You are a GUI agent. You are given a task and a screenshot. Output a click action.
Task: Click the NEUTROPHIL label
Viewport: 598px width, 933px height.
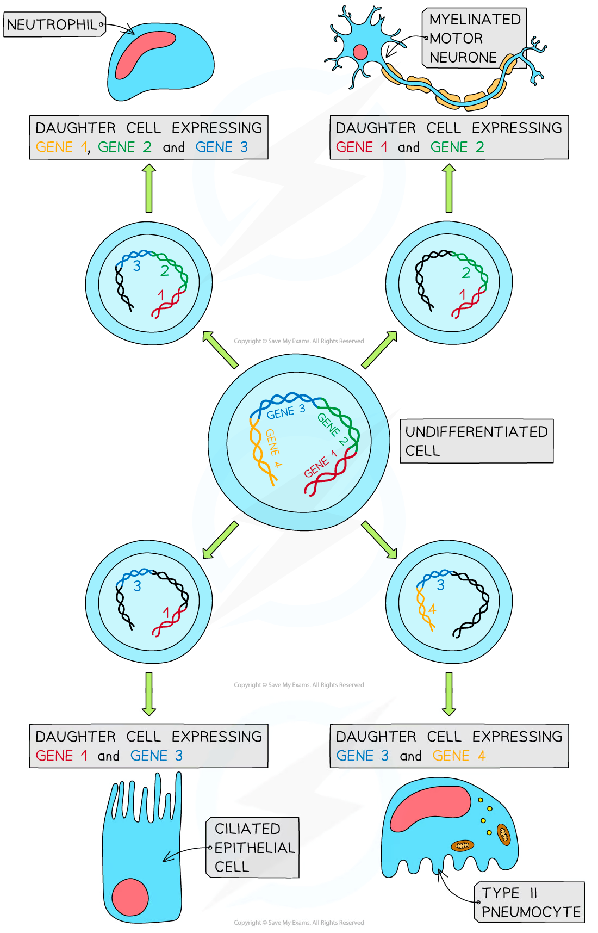53,24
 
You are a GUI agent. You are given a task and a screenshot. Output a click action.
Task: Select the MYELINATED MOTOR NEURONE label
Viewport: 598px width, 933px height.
474,38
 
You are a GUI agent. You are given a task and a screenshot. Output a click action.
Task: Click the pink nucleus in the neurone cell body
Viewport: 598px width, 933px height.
360,52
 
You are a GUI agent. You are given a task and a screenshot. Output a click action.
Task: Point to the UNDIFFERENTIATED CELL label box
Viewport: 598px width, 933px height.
476,441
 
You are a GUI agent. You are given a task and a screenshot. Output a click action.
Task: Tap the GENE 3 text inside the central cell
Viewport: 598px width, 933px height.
286,412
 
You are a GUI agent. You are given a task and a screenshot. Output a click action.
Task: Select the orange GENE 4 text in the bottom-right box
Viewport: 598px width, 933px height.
459,756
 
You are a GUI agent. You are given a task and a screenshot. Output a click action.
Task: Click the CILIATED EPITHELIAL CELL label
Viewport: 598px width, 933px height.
253,847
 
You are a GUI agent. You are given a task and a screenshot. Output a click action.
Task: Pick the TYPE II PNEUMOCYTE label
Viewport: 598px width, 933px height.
530,903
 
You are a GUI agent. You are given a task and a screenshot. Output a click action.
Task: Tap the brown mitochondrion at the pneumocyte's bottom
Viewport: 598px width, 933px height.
462,845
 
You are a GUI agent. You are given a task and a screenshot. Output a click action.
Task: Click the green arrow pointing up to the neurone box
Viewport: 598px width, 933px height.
448,188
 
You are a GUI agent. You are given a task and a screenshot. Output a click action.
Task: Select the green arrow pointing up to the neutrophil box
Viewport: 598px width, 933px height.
149,188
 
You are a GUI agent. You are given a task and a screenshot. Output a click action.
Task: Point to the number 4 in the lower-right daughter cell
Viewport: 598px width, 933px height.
432,609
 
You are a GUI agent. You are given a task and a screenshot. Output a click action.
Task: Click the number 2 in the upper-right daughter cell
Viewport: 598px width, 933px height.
466,273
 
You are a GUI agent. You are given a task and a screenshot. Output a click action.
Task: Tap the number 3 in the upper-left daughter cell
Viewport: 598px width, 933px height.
136,266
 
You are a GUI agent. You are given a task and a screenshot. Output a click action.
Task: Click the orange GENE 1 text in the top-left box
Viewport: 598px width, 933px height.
61,147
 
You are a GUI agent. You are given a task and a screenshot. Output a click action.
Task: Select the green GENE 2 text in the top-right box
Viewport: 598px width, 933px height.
457,147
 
